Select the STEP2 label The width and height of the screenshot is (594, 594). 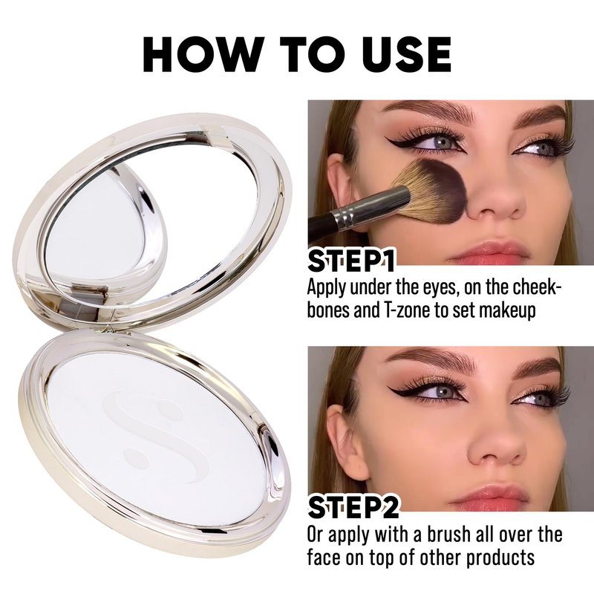click(353, 507)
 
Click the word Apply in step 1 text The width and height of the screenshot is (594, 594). click(326, 289)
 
